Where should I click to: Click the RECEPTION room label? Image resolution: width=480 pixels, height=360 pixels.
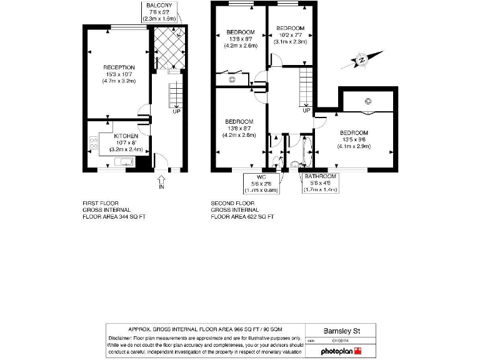[x=119, y=67]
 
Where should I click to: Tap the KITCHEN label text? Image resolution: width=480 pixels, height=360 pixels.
[x=126, y=136]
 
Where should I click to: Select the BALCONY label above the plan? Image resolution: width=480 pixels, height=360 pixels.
[x=159, y=5]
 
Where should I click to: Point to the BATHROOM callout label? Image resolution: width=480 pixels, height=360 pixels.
[x=320, y=177]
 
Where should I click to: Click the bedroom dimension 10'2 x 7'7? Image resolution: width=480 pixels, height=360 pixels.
[x=290, y=35]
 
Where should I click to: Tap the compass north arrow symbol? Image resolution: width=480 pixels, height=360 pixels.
[x=360, y=61]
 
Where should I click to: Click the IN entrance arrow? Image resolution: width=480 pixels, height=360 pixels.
[x=161, y=181]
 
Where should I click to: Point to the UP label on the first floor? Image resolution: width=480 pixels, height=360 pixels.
[x=176, y=111]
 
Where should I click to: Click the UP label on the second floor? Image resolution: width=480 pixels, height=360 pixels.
[x=306, y=111]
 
